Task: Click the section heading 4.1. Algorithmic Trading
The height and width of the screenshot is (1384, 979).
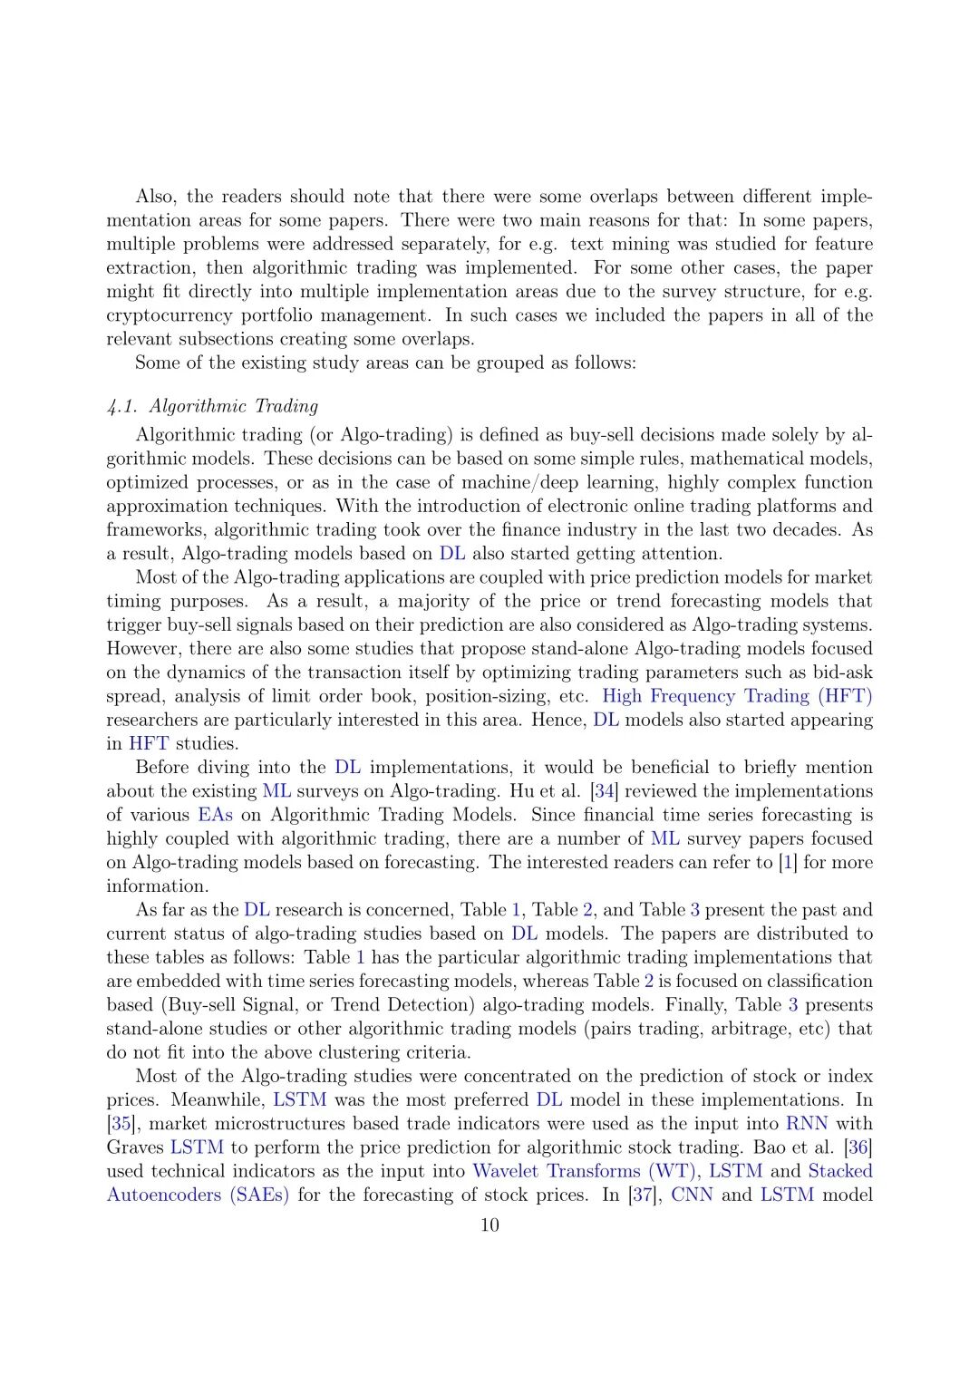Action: [212, 406]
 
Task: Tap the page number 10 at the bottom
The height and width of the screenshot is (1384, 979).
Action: [489, 1225]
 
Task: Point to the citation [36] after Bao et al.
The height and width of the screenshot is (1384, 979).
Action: [858, 1147]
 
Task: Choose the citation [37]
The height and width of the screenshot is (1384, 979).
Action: [642, 1195]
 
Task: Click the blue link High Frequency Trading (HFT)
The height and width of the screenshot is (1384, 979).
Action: [737, 696]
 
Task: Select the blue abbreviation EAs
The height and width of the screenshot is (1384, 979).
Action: [215, 815]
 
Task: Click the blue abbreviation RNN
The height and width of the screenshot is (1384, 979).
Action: [807, 1124]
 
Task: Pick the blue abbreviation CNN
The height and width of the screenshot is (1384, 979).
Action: [692, 1195]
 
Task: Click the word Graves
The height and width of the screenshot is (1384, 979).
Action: [135, 1147]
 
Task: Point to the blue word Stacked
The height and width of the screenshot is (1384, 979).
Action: [840, 1171]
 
